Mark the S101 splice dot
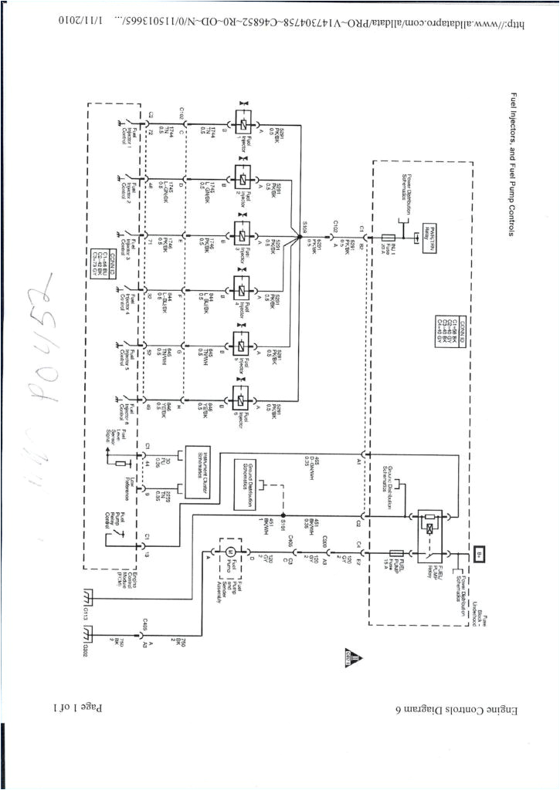point(283,515)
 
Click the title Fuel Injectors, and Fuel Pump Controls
point(514,166)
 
